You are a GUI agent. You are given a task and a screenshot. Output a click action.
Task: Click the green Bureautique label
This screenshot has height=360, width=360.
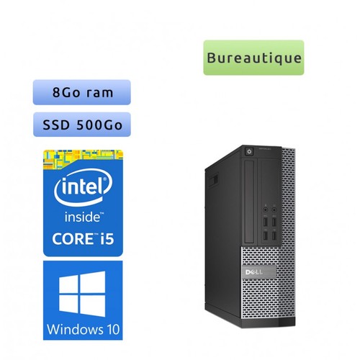(253, 58)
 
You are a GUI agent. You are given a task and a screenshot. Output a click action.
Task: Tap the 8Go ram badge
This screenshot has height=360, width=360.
(82, 92)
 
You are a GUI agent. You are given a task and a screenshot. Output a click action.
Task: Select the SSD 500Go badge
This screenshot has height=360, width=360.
(82, 125)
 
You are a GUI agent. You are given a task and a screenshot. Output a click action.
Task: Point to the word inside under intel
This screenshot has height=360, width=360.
(83, 217)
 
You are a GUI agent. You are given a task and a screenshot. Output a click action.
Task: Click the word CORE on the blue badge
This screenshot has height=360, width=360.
(73, 239)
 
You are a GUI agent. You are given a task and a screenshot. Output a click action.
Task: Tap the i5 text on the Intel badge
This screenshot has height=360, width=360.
(107, 238)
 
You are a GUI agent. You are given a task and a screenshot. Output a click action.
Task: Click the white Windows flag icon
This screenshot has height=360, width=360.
(82, 294)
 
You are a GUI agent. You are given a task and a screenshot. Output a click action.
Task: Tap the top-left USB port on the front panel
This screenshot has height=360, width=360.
(266, 222)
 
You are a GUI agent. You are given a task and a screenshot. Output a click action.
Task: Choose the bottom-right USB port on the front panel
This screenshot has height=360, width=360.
(274, 235)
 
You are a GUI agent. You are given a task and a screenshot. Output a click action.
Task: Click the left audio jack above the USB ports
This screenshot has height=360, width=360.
(266, 210)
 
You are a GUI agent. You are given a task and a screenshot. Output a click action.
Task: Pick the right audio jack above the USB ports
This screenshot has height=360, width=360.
(274, 210)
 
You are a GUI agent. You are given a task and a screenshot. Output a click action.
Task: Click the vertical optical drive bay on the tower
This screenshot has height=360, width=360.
(249, 202)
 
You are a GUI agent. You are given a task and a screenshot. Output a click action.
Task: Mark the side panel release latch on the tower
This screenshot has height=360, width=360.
(213, 180)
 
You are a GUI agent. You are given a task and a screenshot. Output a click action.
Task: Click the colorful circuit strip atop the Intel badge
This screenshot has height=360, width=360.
(83, 156)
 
